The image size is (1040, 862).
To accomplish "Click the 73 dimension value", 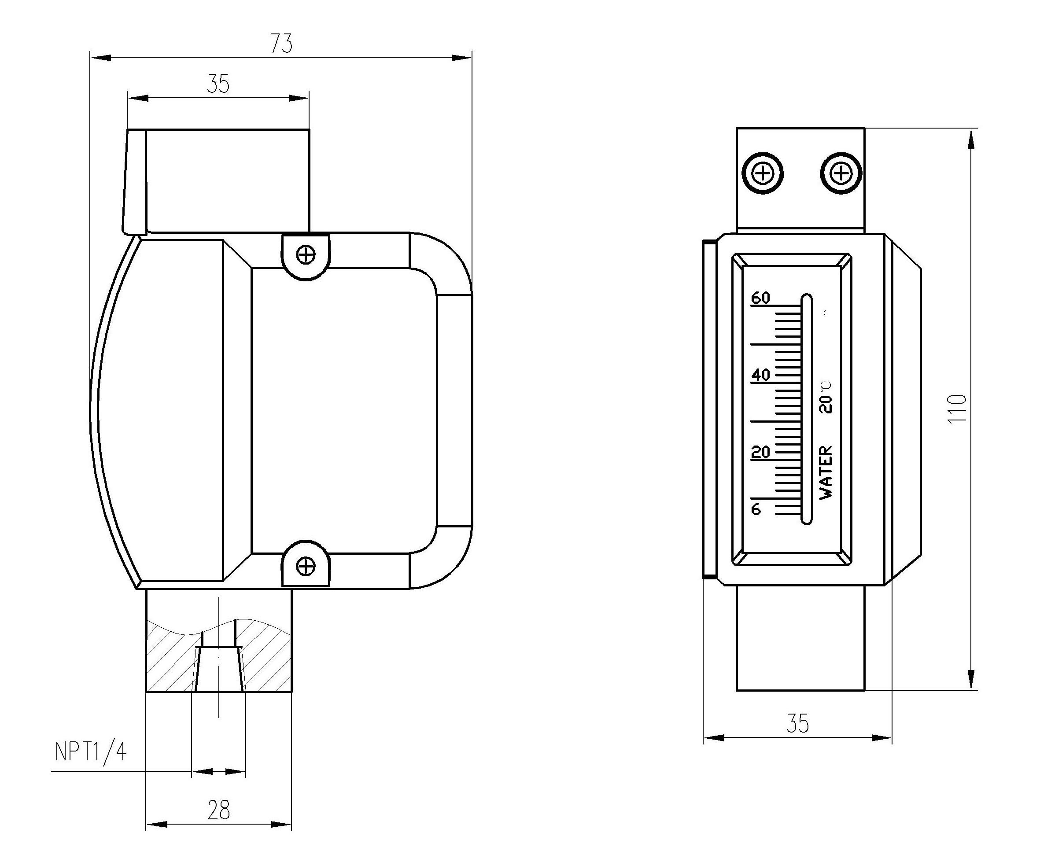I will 281,44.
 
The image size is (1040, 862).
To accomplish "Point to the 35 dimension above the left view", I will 218,84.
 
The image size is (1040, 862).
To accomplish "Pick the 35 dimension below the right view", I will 798,724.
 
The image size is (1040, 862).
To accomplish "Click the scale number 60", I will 761,298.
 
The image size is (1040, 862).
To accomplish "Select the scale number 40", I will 761,375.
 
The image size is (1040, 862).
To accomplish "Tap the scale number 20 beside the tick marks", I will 761,452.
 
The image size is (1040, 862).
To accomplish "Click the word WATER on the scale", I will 826,472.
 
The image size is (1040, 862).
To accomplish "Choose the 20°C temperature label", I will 826,398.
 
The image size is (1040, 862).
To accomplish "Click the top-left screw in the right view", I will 763,174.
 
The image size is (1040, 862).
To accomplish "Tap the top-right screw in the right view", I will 841,174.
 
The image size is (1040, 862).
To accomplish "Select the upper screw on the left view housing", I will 306,255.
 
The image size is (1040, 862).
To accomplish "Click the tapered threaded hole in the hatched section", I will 219,668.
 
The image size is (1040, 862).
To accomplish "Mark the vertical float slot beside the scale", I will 807,409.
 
